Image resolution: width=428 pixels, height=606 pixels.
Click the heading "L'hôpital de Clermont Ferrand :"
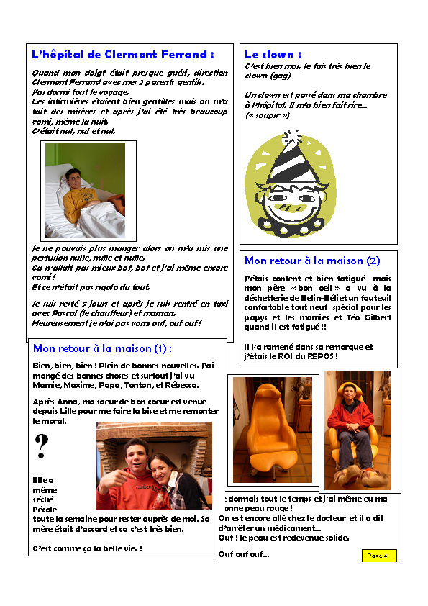[x=123, y=55]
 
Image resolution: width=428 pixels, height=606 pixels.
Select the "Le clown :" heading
[x=273, y=55]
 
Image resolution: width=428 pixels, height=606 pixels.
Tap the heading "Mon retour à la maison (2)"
[x=312, y=261]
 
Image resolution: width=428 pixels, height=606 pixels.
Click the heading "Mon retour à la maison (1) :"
[x=103, y=348]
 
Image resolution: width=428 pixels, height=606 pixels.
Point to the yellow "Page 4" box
[x=378, y=556]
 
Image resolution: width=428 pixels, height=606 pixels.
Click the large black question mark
[x=42, y=447]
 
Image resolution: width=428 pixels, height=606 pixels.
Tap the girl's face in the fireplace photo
[x=163, y=460]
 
